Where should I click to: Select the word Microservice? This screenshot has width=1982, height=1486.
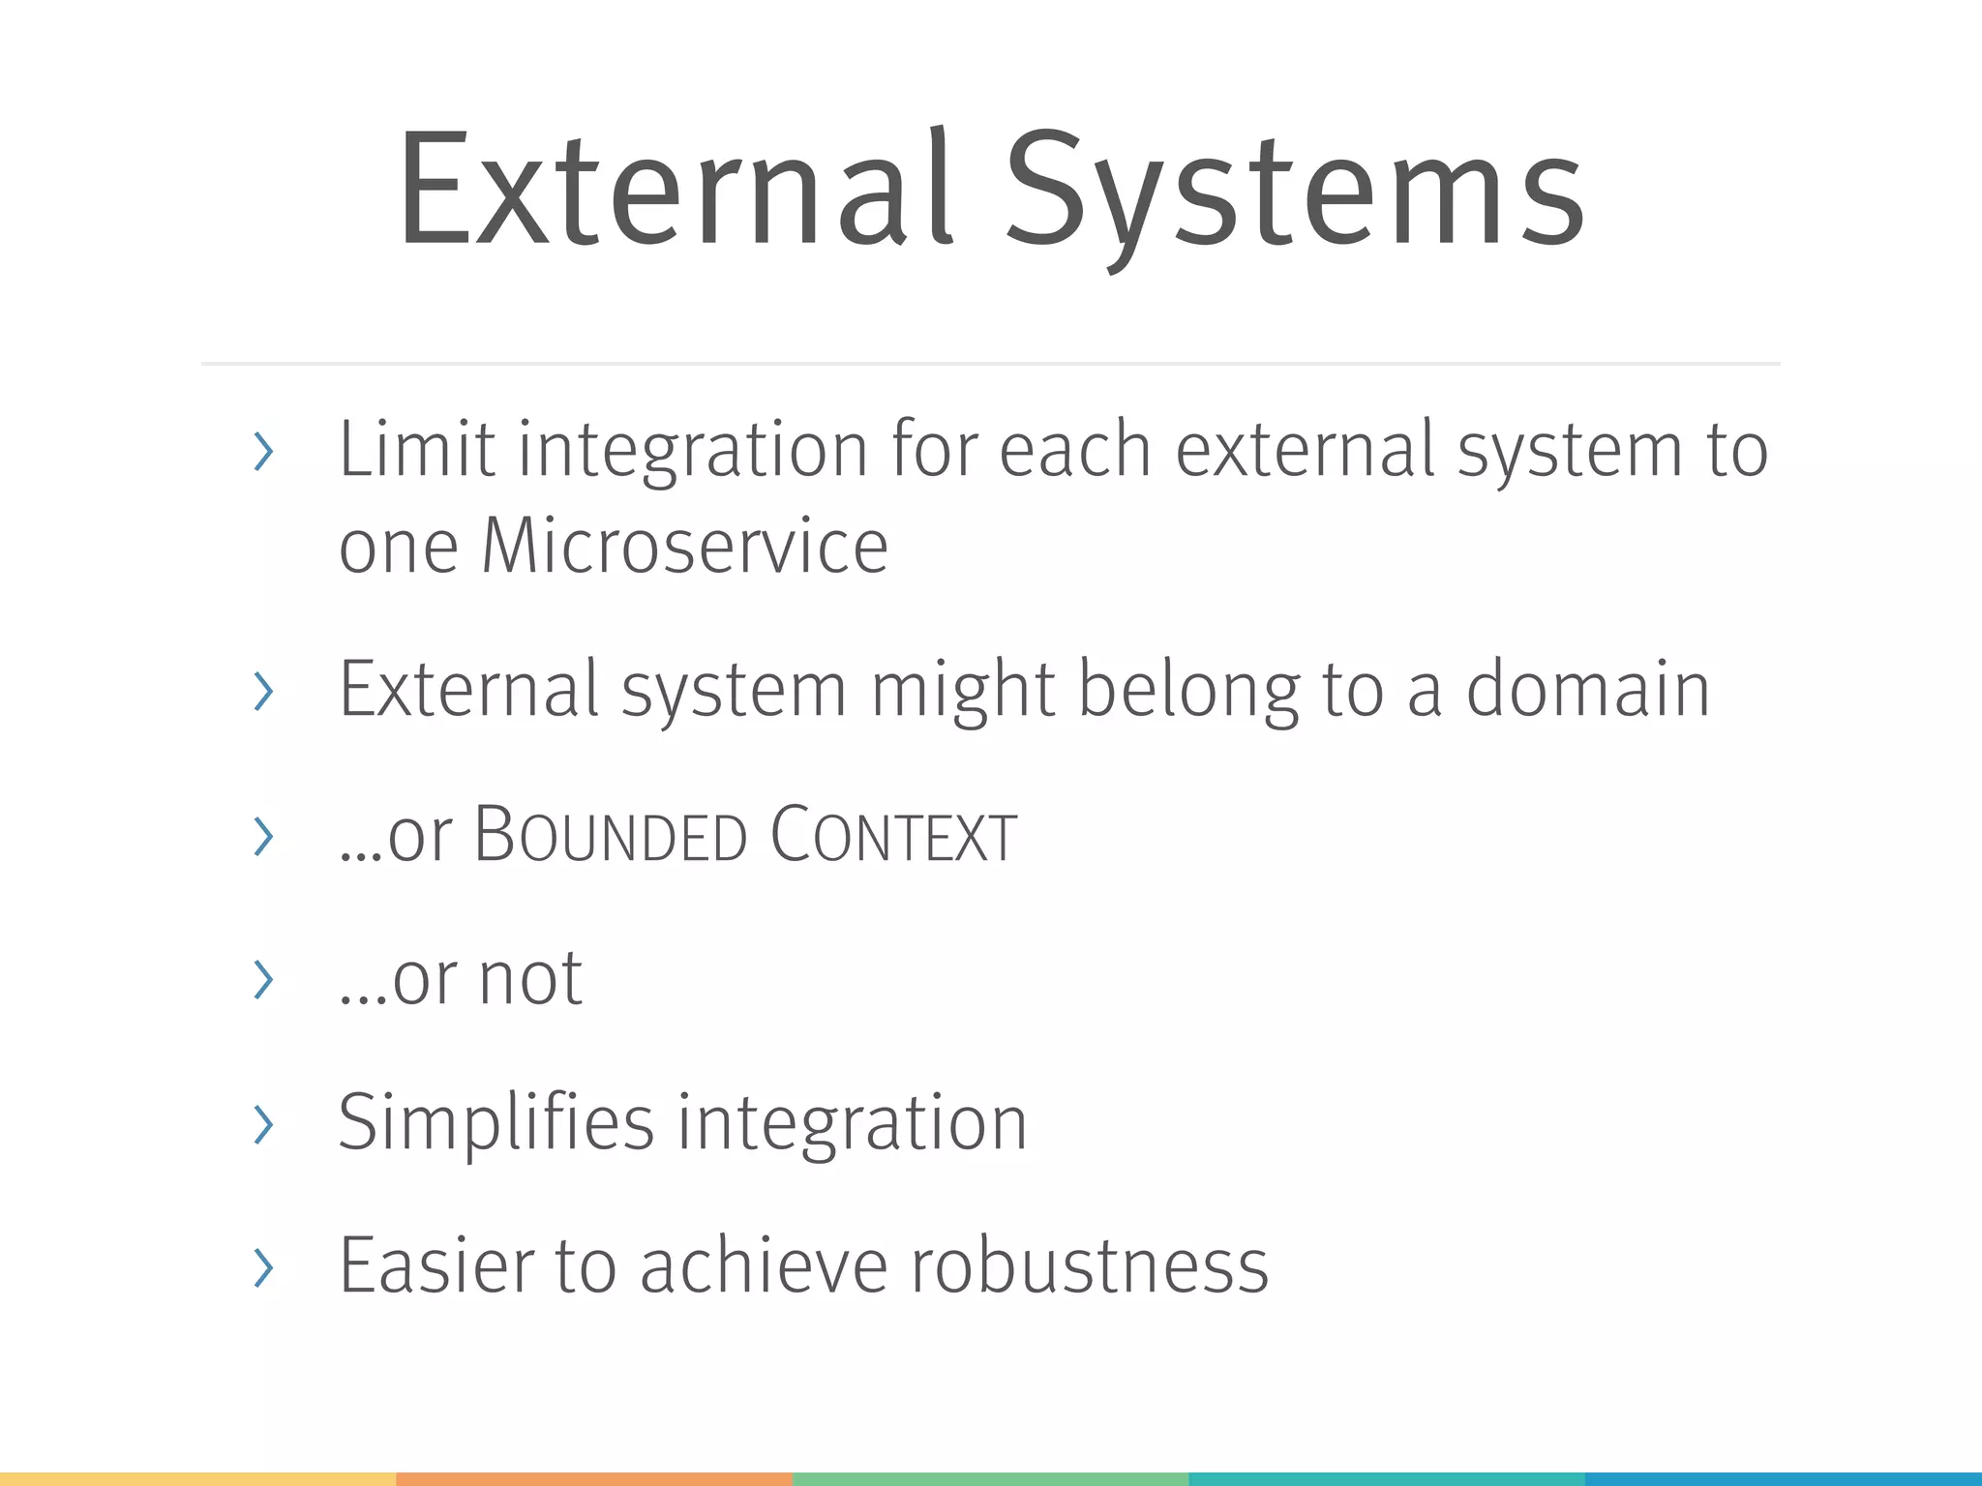684,547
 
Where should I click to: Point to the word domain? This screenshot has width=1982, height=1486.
1588,689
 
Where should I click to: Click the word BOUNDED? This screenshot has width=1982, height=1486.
611,835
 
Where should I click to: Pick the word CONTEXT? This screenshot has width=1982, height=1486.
893,835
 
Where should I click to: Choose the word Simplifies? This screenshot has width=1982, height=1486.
496,1122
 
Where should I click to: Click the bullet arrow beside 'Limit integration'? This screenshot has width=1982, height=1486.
263,452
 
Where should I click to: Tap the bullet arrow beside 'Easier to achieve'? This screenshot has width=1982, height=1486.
263,1267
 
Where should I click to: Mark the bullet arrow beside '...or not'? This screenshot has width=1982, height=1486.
263,979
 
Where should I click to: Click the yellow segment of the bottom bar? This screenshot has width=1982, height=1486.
197,1478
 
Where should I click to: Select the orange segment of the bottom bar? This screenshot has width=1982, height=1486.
594,1478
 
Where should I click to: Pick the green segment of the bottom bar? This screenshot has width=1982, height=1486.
990,1478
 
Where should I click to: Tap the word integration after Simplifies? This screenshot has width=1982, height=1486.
852,1122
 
